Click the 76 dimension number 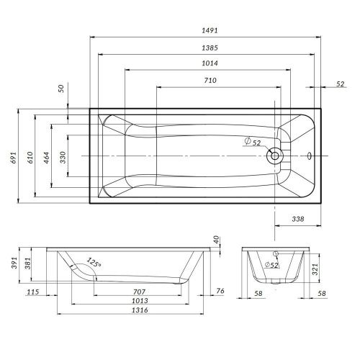coord(221,291)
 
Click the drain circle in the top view coord(274,156)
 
